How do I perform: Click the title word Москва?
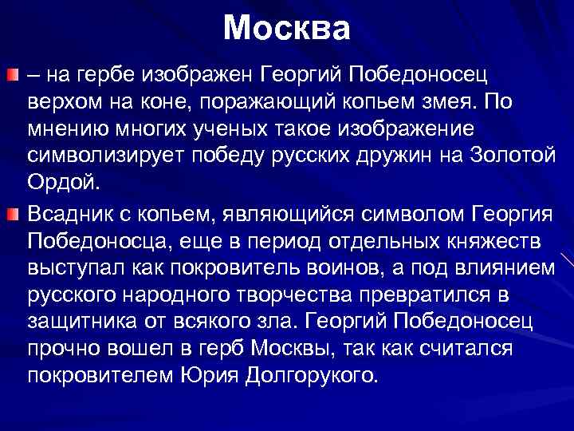[x=286, y=29]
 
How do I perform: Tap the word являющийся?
[x=286, y=213]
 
